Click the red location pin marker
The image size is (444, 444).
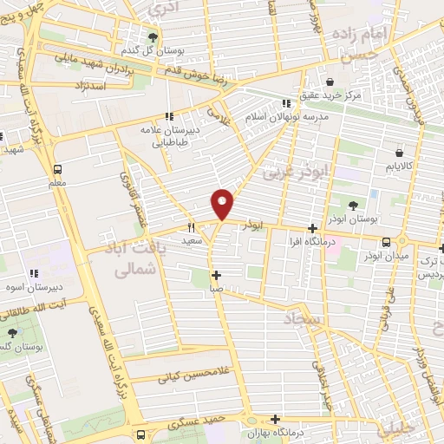pos(223,204)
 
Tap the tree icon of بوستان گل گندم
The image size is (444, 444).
pos(153,36)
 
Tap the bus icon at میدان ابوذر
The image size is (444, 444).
pos(401,243)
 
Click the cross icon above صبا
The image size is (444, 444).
pos(217,275)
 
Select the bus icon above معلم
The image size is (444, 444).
pos(57,169)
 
